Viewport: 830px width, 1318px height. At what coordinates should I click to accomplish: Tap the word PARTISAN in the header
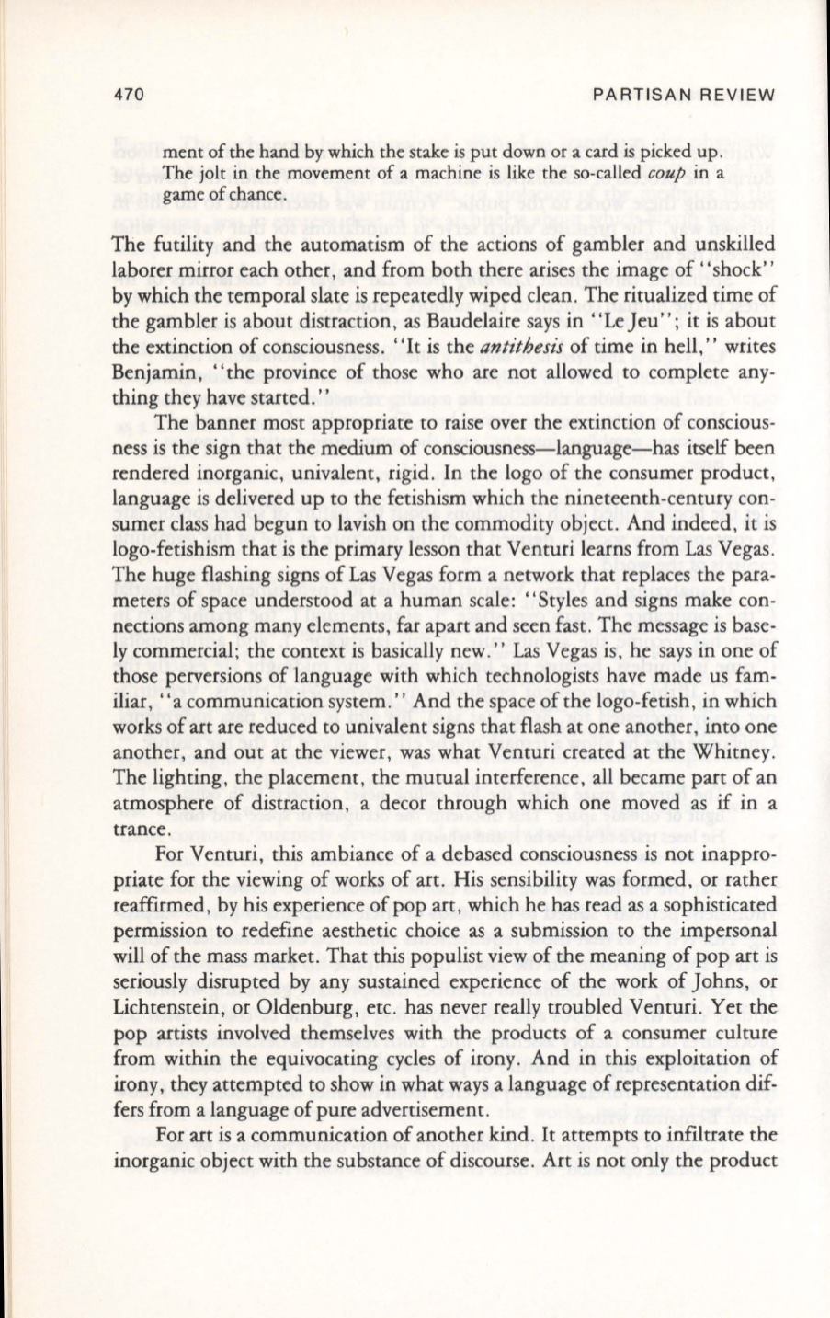pyautogui.click(x=634, y=96)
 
